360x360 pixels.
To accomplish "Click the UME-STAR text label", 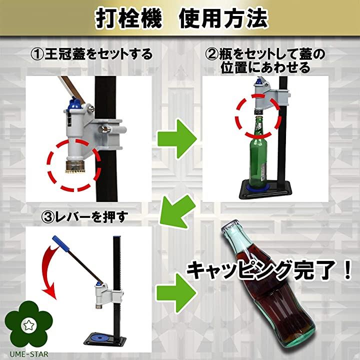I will click(x=24, y=353).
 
